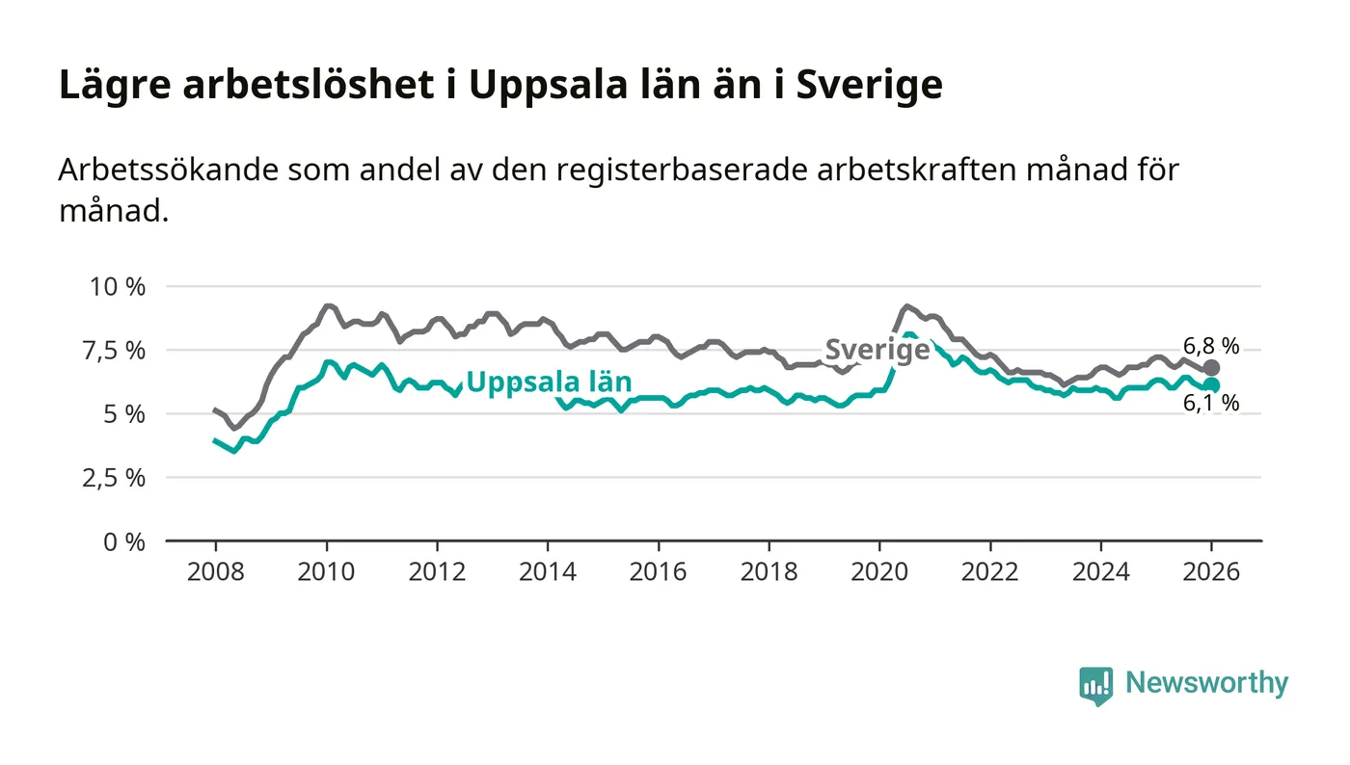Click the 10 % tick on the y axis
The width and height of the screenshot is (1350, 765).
click(118, 286)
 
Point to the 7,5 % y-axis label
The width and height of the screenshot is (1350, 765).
click(118, 350)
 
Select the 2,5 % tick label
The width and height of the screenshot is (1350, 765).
click(118, 478)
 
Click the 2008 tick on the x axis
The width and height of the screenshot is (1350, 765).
click(215, 571)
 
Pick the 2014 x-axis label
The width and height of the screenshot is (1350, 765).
click(548, 571)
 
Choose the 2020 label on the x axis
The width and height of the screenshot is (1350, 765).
click(879, 571)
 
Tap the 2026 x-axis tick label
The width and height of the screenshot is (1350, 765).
click(1212, 571)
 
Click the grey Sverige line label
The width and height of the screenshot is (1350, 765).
click(877, 350)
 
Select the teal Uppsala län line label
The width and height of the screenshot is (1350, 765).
click(549, 382)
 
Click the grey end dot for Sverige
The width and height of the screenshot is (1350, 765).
click(1212, 368)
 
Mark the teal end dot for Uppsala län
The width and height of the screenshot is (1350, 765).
click(1212, 385)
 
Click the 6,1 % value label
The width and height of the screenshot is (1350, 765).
click(1211, 404)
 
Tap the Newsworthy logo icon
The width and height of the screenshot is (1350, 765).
click(1095, 685)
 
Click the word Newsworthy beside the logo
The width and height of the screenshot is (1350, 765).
click(1206, 683)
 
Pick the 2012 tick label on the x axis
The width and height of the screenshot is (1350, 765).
click(437, 571)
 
